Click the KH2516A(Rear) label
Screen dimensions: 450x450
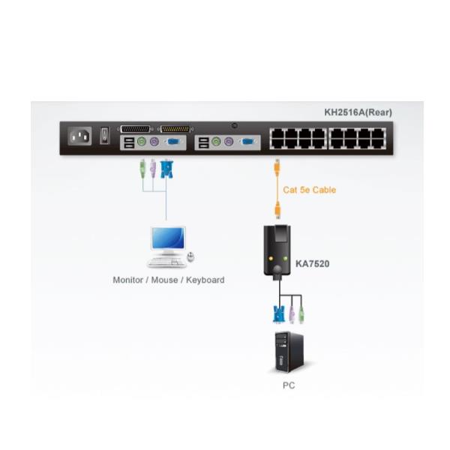point(358,112)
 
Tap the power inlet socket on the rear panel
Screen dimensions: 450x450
point(79,136)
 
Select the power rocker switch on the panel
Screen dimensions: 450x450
point(106,136)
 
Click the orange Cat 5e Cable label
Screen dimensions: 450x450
point(310,190)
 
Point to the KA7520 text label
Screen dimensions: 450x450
point(312,264)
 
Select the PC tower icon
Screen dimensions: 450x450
point(289,352)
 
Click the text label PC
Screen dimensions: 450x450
point(289,385)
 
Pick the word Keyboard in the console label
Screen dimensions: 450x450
point(205,280)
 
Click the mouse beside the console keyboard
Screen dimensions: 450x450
point(190,257)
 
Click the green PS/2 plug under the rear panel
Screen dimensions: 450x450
point(141,169)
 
